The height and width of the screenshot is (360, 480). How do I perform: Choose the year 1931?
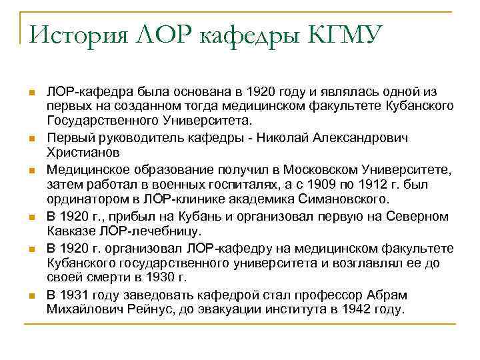76,294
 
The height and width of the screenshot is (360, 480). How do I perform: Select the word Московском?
315,167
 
